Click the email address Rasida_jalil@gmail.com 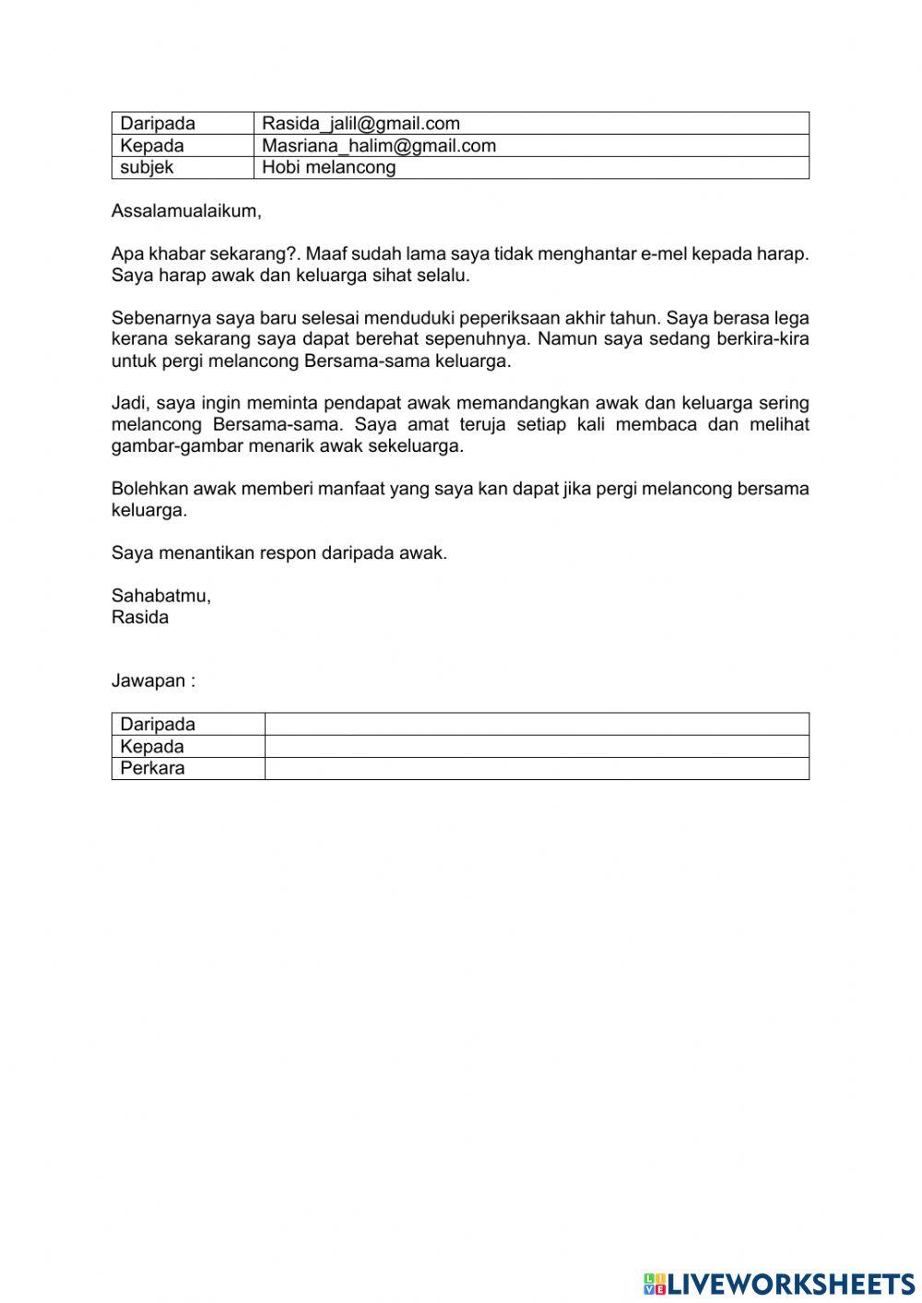point(361,124)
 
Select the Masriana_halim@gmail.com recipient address point(379,146)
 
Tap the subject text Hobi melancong point(328,168)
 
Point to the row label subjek point(147,168)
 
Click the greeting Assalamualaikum point(185,211)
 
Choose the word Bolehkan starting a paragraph point(147,489)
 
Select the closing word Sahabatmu point(160,596)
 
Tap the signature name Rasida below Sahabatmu point(140,618)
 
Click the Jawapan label point(153,681)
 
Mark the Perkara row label point(152,768)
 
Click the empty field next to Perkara point(537,768)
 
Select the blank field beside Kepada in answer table point(537,746)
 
